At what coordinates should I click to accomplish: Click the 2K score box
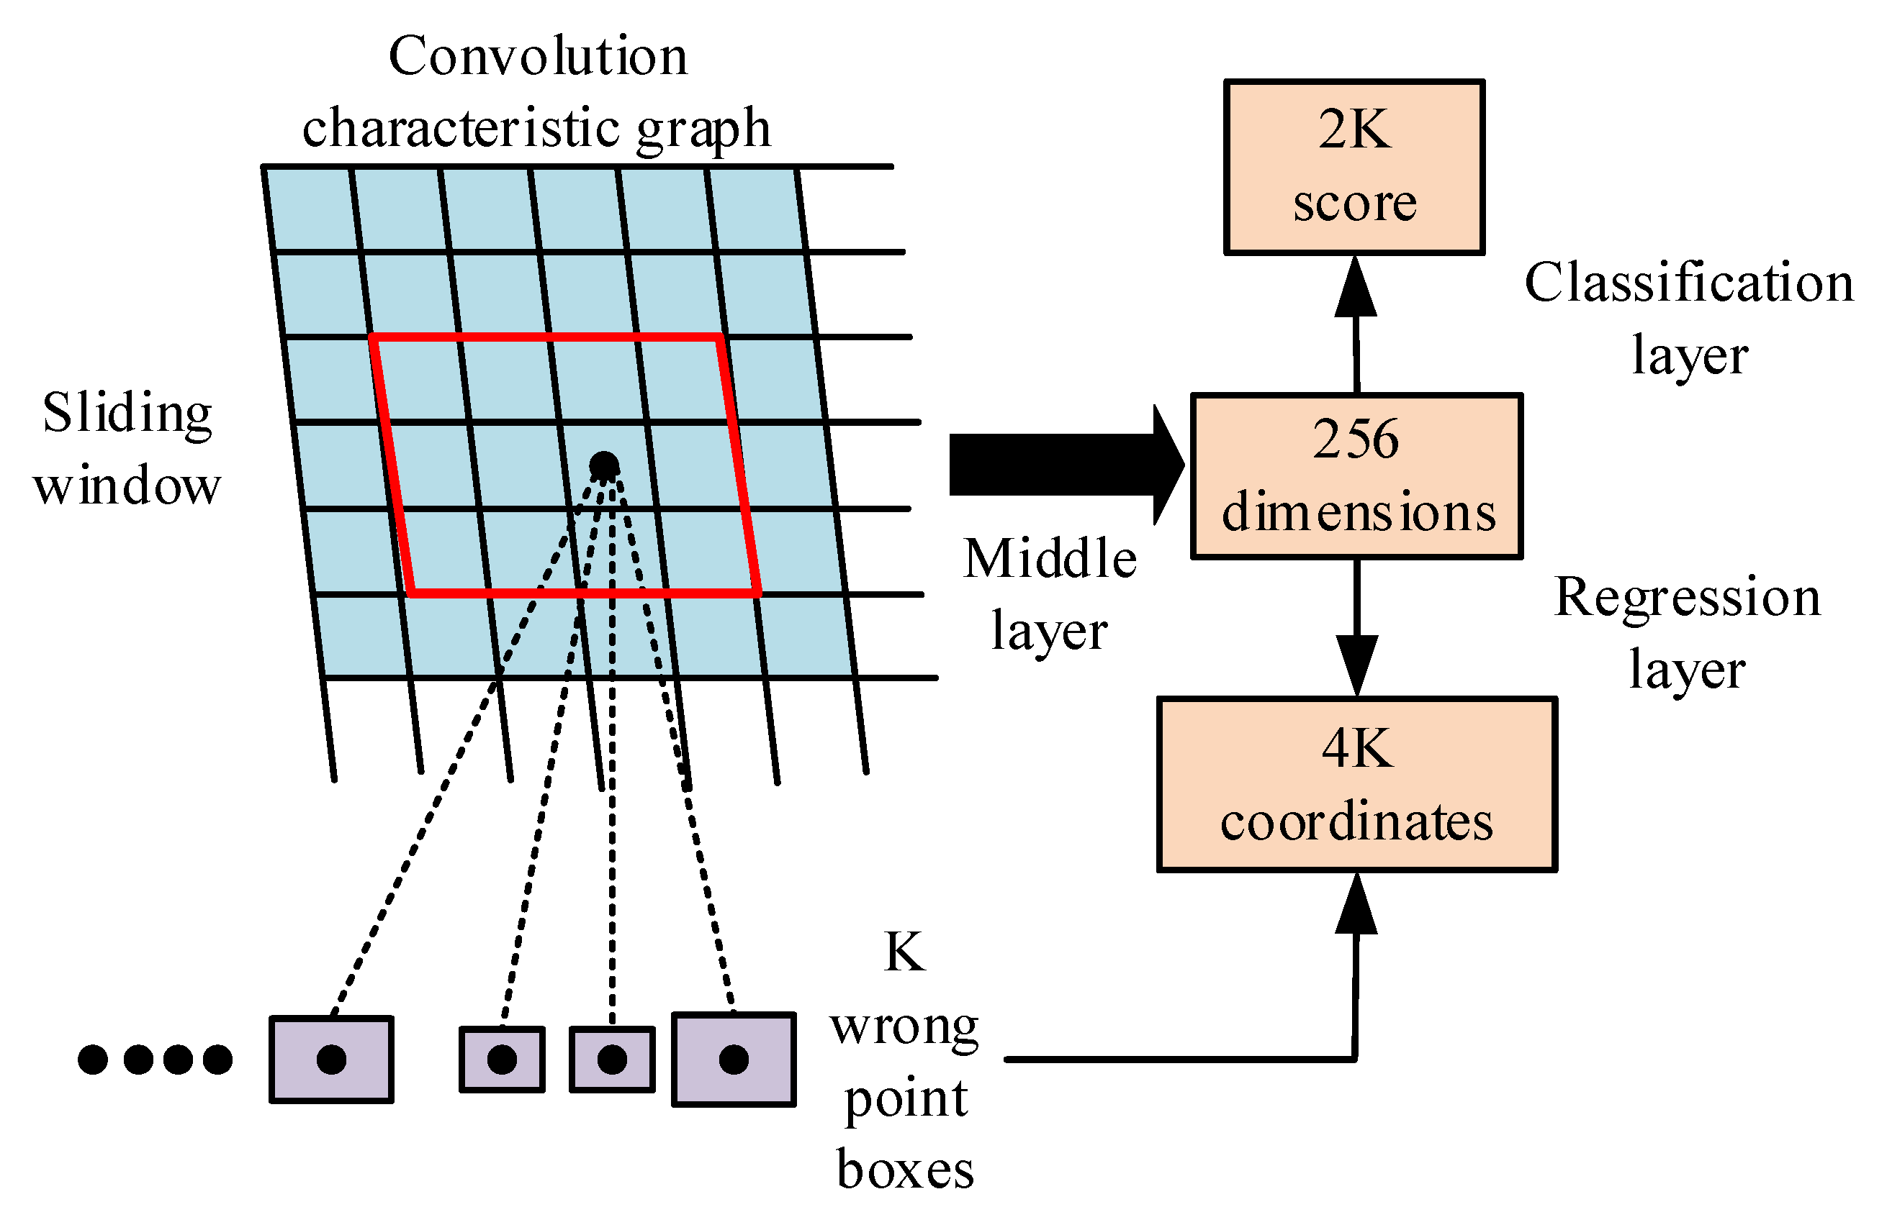(1354, 166)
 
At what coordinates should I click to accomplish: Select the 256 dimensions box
(1356, 476)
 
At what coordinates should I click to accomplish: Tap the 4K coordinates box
(1356, 785)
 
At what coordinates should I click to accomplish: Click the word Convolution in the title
(538, 57)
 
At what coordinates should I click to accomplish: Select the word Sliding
(127, 414)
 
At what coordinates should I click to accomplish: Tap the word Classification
(1689, 283)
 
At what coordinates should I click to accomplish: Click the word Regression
(1687, 598)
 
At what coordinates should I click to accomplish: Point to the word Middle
(1050, 559)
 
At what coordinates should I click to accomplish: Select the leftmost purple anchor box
(331, 1060)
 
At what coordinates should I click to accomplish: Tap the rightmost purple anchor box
(734, 1060)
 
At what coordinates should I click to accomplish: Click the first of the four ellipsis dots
(93, 1060)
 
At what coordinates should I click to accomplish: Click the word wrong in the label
(905, 1027)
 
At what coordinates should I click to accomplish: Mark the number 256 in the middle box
(1355, 440)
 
